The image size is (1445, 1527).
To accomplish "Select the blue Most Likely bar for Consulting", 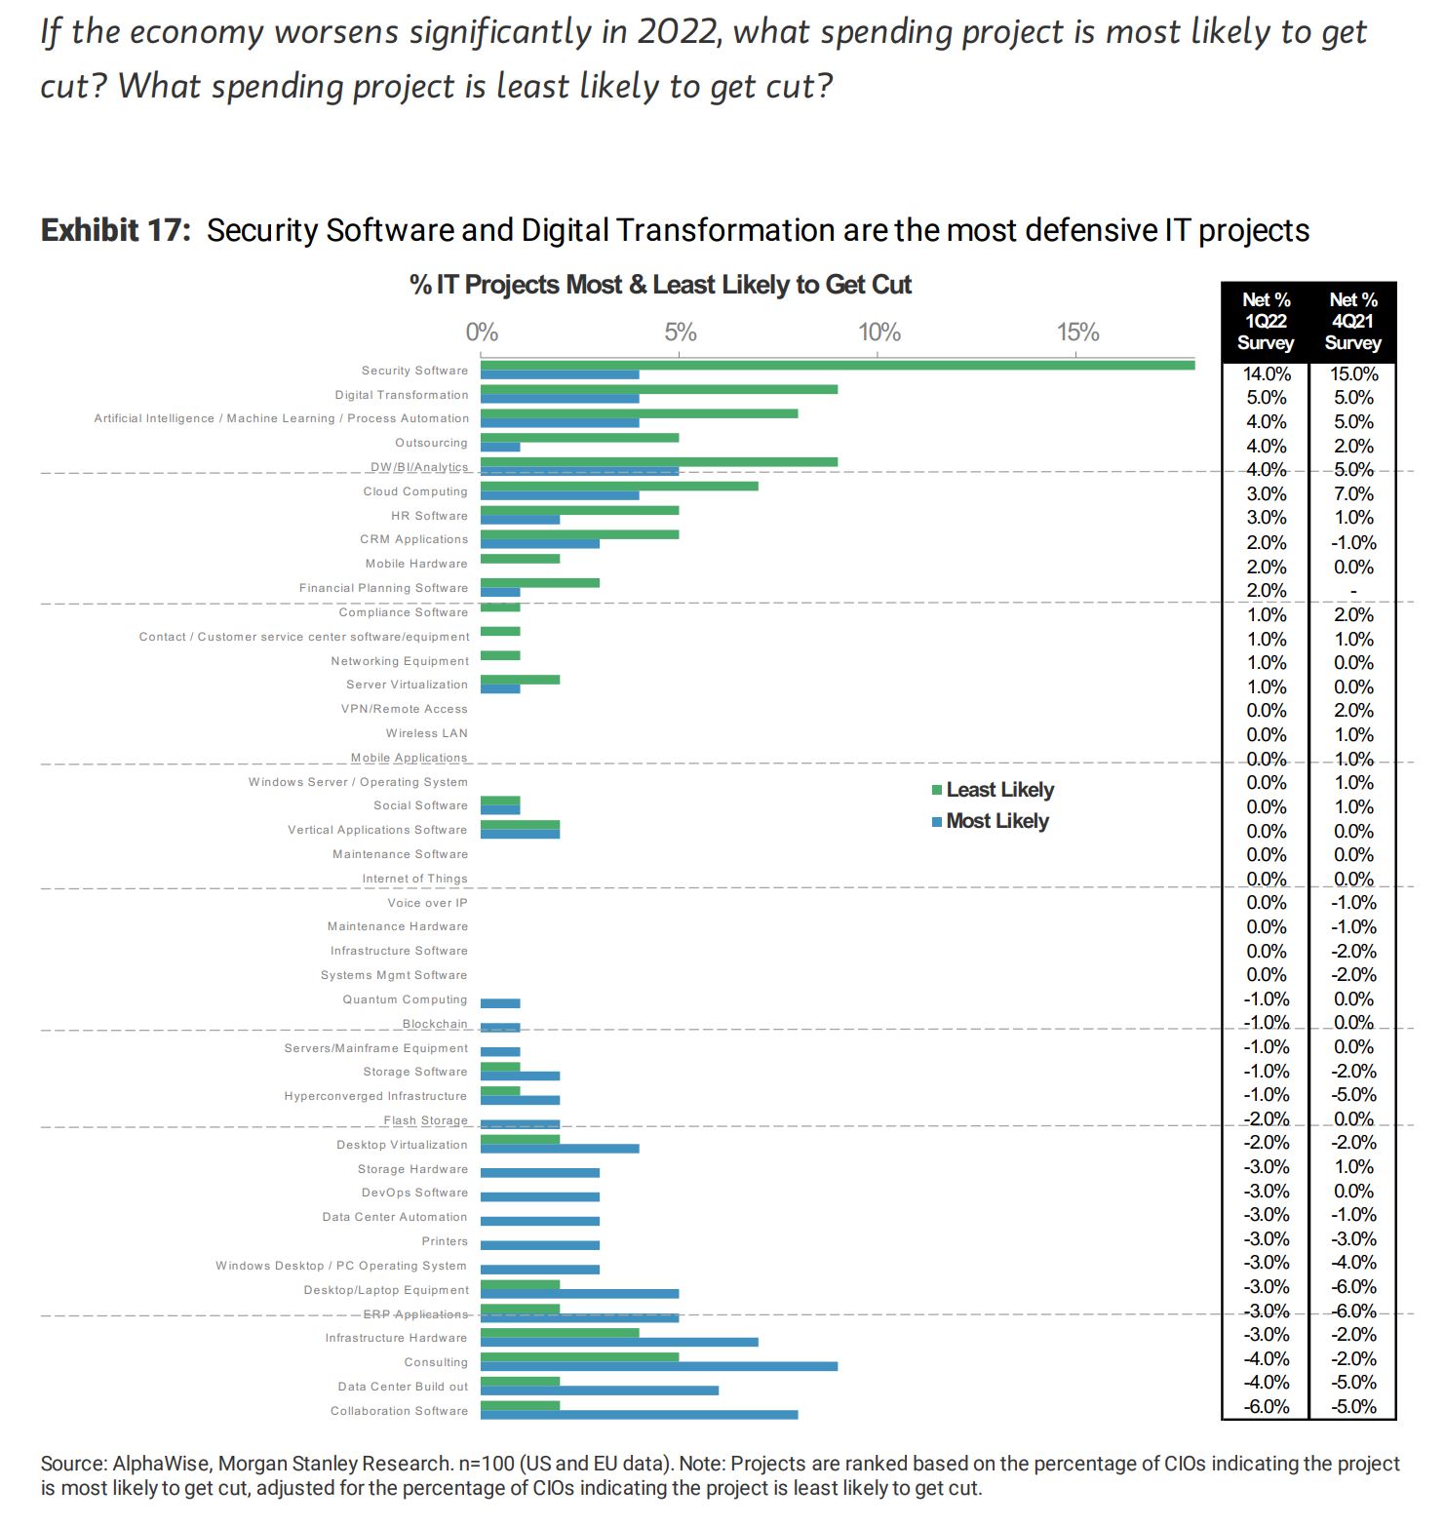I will [658, 1366].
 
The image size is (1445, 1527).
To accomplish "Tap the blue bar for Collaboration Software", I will [639, 1415].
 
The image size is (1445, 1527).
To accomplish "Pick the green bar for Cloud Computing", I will [618, 486].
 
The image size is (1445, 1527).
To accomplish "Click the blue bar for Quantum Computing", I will [500, 1003].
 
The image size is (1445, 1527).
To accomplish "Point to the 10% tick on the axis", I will [879, 333].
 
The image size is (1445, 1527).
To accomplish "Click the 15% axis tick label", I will [1077, 333].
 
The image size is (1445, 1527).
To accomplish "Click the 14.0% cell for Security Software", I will [1266, 373].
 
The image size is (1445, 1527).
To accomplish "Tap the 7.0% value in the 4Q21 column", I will [1353, 493].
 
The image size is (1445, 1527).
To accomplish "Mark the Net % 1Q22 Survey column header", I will [1266, 322].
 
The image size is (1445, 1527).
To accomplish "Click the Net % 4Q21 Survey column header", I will [1353, 322].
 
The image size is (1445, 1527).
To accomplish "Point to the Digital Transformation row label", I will [401, 395].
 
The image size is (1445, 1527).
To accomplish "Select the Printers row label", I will [445, 1241].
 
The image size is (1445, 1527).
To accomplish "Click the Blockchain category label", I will [435, 1024].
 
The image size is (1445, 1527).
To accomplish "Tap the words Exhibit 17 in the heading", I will [116, 231].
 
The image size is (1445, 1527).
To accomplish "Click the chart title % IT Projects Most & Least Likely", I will [660, 285].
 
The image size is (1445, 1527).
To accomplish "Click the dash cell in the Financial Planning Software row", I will [1353, 591].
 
